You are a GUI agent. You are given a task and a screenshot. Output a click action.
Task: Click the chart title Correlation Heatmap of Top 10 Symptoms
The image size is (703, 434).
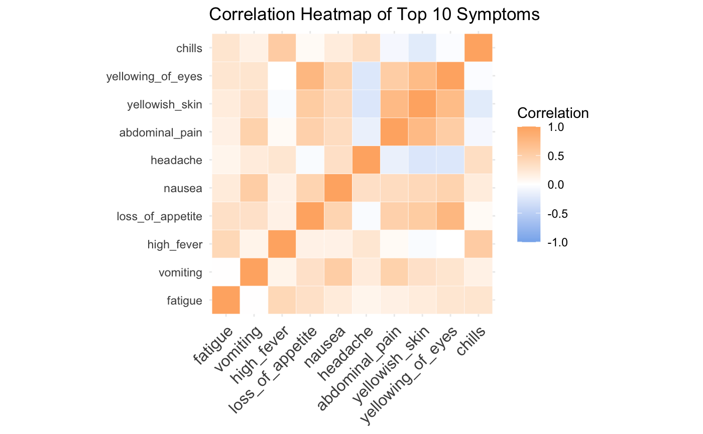pos(374,15)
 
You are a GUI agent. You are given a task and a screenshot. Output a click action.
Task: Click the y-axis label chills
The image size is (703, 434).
pos(189,49)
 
